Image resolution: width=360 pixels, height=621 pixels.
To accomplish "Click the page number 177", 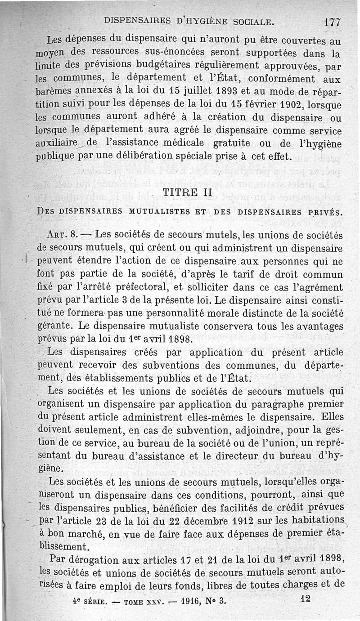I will (x=332, y=22).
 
